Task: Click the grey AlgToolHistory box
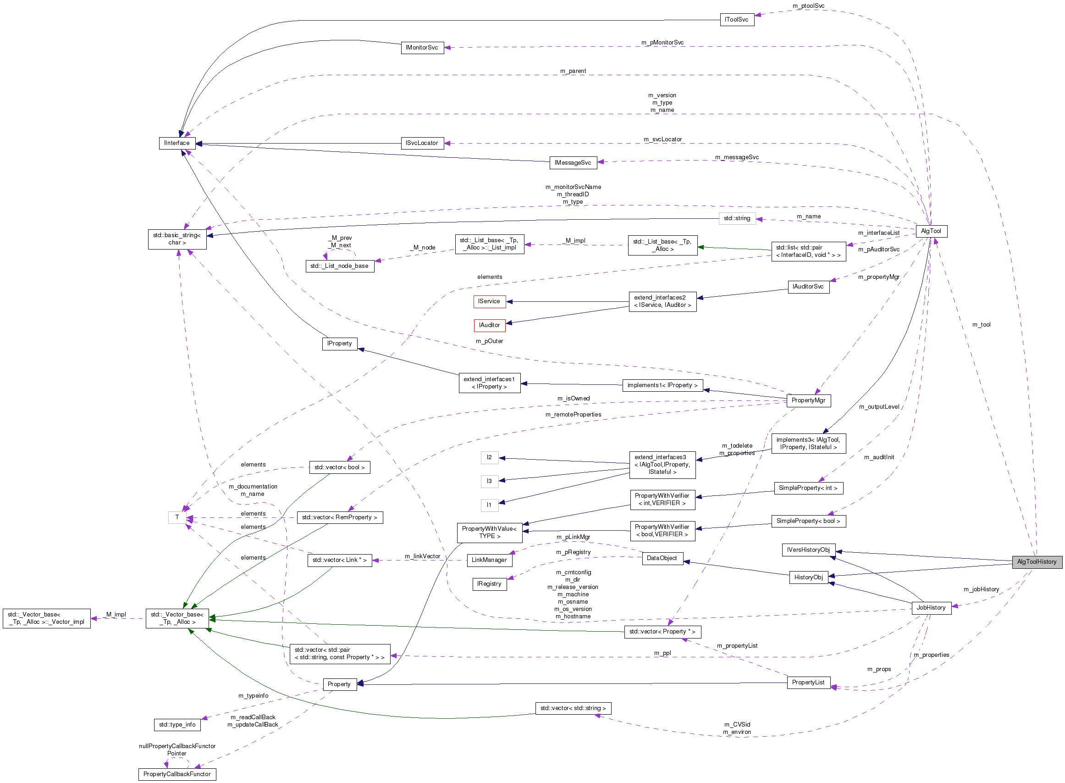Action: [1036, 561]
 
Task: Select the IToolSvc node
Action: [737, 19]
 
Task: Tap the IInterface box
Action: [177, 143]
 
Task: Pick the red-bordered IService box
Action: [489, 301]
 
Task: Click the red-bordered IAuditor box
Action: [489, 325]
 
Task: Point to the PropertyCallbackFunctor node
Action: [177, 774]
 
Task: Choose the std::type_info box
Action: [177, 724]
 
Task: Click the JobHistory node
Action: [931, 607]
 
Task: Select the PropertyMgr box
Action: [808, 400]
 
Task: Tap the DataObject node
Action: [662, 558]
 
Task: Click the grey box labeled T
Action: [177, 517]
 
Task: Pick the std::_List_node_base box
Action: [339, 266]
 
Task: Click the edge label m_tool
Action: [981, 325]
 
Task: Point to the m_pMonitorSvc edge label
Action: [662, 43]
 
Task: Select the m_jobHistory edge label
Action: [981, 589]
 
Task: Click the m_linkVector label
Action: [422, 556]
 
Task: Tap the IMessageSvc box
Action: [572, 162]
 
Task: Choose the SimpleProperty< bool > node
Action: [808, 521]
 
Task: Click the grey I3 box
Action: [489, 481]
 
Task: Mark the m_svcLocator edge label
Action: [662, 139]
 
